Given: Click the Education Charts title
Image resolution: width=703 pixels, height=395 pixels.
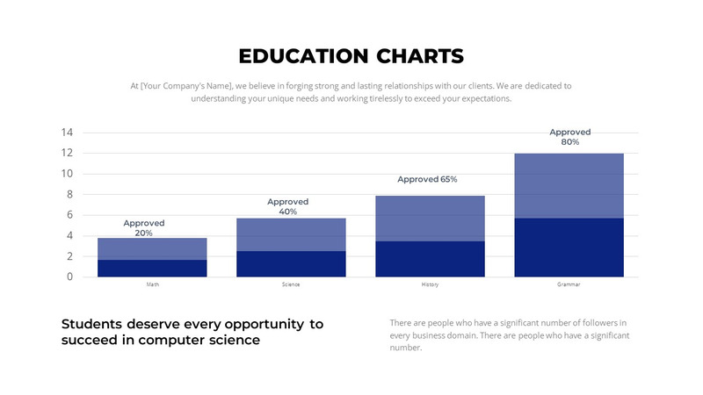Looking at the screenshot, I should [351, 56].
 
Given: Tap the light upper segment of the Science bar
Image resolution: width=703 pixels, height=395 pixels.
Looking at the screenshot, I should [291, 234].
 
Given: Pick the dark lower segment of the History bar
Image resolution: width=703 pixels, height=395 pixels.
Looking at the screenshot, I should [430, 259].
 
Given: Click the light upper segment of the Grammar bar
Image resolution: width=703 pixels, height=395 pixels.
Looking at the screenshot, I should [569, 185].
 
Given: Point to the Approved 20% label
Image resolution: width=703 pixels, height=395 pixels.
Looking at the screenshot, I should [144, 228].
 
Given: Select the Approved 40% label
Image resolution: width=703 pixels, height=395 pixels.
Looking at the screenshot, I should [288, 206].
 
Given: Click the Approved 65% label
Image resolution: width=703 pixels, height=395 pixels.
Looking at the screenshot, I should [427, 179].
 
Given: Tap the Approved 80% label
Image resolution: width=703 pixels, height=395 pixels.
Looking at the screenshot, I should [570, 137].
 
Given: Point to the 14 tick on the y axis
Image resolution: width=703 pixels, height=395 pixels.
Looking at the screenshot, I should [67, 133].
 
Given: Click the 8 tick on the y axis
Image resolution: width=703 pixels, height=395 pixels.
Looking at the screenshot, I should [70, 194].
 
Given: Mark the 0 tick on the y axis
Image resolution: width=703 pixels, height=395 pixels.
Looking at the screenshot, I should [70, 276].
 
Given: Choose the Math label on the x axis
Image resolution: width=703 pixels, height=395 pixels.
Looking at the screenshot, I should [152, 285].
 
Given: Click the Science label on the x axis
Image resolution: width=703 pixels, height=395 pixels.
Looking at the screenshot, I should [291, 285].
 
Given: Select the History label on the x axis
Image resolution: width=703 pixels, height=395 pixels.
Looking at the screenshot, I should [430, 285].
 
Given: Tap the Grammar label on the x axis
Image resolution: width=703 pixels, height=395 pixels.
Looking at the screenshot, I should [569, 285].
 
